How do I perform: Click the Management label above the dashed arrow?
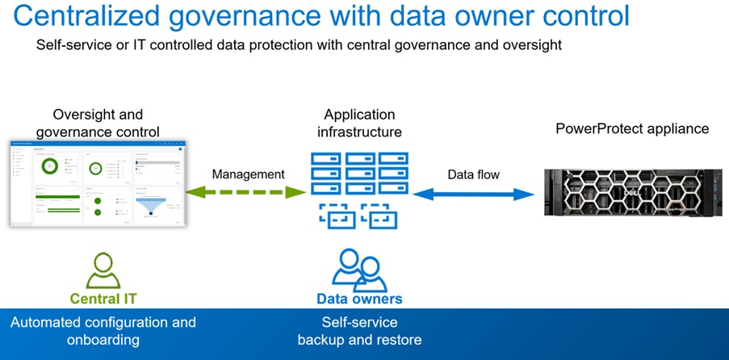[x=248, y=174]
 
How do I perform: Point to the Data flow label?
[x=474, y=174]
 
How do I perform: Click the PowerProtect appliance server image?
[x=633, y=194]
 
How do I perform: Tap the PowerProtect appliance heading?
[x=632, y=128]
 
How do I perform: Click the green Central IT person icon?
[x=103, y=270]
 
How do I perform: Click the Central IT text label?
[x=103, y=299]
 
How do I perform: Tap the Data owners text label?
[x=359, y=299]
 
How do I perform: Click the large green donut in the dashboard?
[x=49, y=166]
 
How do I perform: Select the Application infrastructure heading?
[x=359, y=123]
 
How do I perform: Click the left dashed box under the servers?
[x=333, y=216]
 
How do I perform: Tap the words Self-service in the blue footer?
[x=359, y=322]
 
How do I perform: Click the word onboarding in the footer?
[x=103, y=340]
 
